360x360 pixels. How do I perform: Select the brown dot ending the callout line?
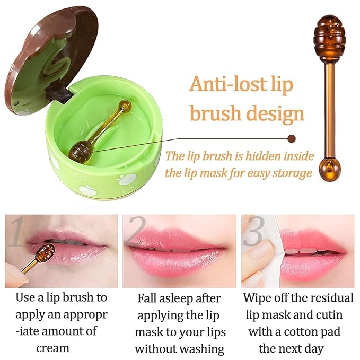(x=291, y=139)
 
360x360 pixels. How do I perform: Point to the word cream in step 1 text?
(x=52, y=348)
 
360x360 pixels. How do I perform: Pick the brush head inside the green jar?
(x=80, y=151)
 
